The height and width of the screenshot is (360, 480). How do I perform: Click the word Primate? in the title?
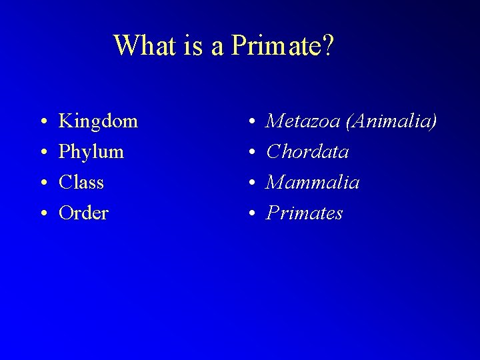(x=283, y=46)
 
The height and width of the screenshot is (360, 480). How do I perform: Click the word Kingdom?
(x=99, y=122)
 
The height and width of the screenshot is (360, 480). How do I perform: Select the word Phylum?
(x=91, y=152)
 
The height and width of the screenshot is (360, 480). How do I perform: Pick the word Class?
(x=81, y=182)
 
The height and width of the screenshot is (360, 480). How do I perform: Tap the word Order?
(x=83, y=213)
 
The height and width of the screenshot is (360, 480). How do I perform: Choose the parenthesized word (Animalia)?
(x=387, y=122)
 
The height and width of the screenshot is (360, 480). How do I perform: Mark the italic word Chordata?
(x=307, y=152)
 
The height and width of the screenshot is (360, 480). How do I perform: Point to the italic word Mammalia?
(x=313, y=182)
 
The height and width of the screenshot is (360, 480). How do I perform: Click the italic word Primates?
(x=305, y=213)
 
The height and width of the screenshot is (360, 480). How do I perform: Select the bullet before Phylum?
(x=41, y=153)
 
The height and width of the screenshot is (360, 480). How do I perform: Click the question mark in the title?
(x=328, y=46)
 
